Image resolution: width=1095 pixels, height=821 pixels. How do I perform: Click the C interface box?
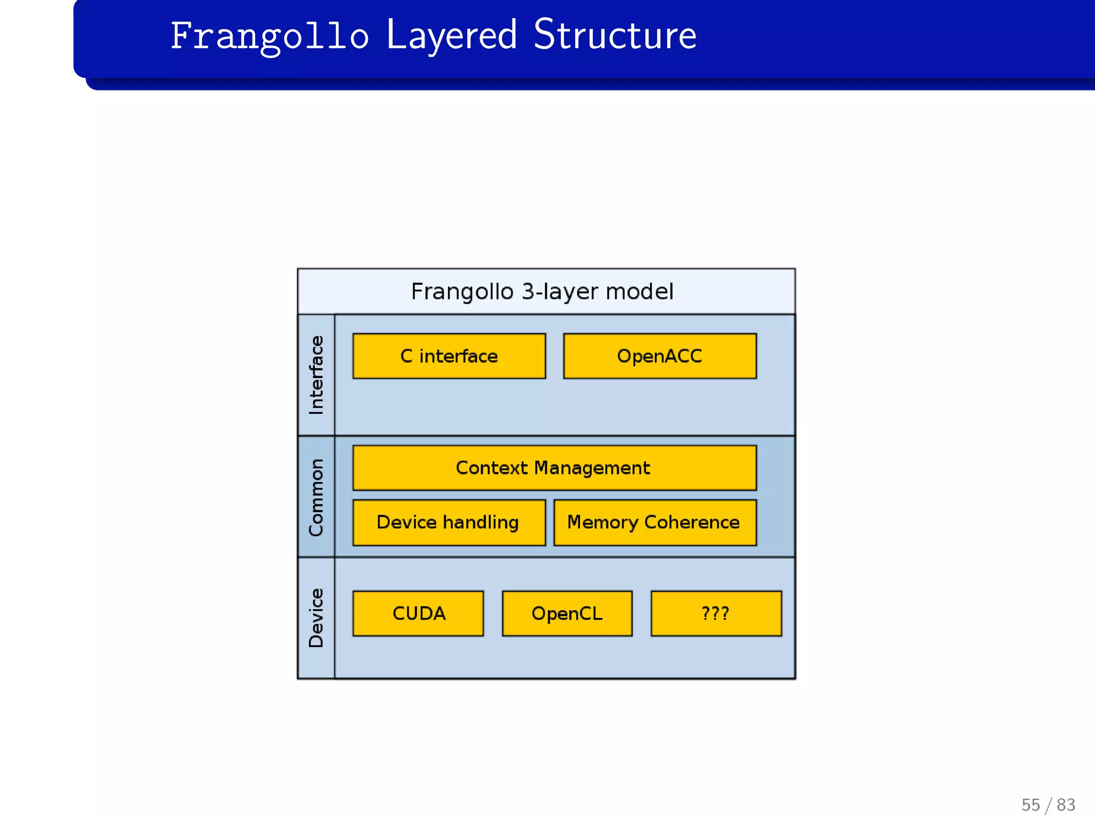click(x=449, y=356)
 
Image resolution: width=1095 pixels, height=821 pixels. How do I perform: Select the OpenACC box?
click(x=660, y=356)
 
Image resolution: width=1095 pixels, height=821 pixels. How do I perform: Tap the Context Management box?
click(x=554, y=468)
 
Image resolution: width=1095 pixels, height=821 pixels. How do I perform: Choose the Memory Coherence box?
click(x=654, y=522)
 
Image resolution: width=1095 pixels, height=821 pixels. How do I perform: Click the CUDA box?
click(x=418, y=613)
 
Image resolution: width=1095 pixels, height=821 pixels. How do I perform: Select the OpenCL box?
click(x=567, y=613)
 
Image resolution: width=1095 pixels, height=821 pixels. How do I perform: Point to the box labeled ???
click(x=715, y=613)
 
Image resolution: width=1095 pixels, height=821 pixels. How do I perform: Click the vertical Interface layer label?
click(x=316, y=375)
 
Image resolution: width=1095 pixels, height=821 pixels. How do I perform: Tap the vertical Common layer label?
click(x=316, y=497)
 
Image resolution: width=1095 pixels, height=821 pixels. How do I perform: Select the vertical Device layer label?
click(x=316, y=618)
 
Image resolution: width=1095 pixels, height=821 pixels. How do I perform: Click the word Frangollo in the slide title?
click(x=269, y=36)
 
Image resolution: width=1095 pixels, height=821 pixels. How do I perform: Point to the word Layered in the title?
click(x=451, y=36)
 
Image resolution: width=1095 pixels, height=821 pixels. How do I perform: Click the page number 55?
click(x=1030, y=805)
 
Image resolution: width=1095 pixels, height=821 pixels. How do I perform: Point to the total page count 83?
click(x=1066, y=805)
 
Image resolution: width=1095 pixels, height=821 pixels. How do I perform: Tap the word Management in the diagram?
click(x=592, y=468)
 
